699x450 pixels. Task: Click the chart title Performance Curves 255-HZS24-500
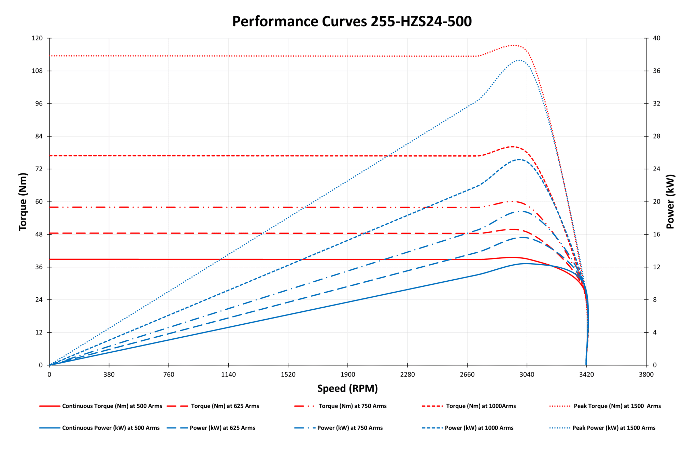(x=352, y=21)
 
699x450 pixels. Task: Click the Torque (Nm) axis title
(x=23, y=201)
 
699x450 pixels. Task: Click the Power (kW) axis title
(x=670, y=201)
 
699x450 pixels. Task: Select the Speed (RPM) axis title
(x=347, y=388)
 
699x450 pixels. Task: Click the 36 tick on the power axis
(x=657, y=71)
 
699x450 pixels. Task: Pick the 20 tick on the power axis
(x=657, y=202)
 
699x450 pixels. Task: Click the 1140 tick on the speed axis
(x=228, y=375)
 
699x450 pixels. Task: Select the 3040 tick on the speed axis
(x=527, y=375)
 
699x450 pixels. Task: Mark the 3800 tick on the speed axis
(x=646, y=375)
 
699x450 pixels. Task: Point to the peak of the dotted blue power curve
(x=519, y=60)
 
